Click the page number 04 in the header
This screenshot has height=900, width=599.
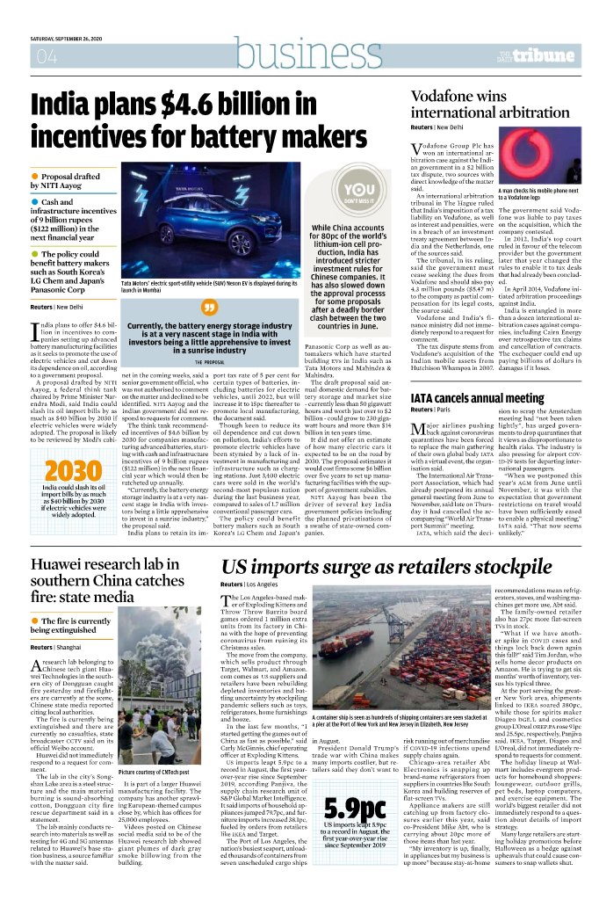(x=44, y=57)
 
